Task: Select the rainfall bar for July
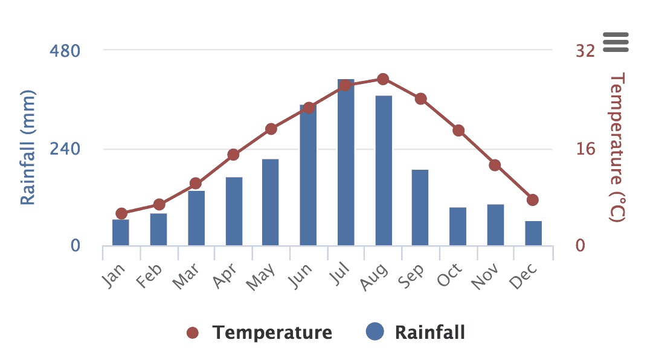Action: pos(346,163)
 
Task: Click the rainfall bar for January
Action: pos(121,233)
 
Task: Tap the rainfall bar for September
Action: pos(420,208)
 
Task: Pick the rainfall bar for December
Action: pos(533,233)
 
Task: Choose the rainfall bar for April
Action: pos(234,211)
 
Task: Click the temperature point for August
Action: pos(383,79)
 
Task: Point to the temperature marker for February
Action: pos(159,205)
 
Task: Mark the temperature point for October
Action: pos(458,130)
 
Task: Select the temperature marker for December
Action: pos(533,200)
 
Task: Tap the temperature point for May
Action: pos(271,129)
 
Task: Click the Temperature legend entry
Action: pos(260,332)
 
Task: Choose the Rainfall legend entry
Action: pos(417,332)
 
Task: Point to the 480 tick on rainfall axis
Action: pos(65,51)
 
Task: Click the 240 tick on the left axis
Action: pos(65,149)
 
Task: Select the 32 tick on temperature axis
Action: pos(585,51)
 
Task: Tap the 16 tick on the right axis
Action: pos(585,149)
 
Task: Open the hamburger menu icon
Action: pos(616,42)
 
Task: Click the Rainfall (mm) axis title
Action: pos(28,148)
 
